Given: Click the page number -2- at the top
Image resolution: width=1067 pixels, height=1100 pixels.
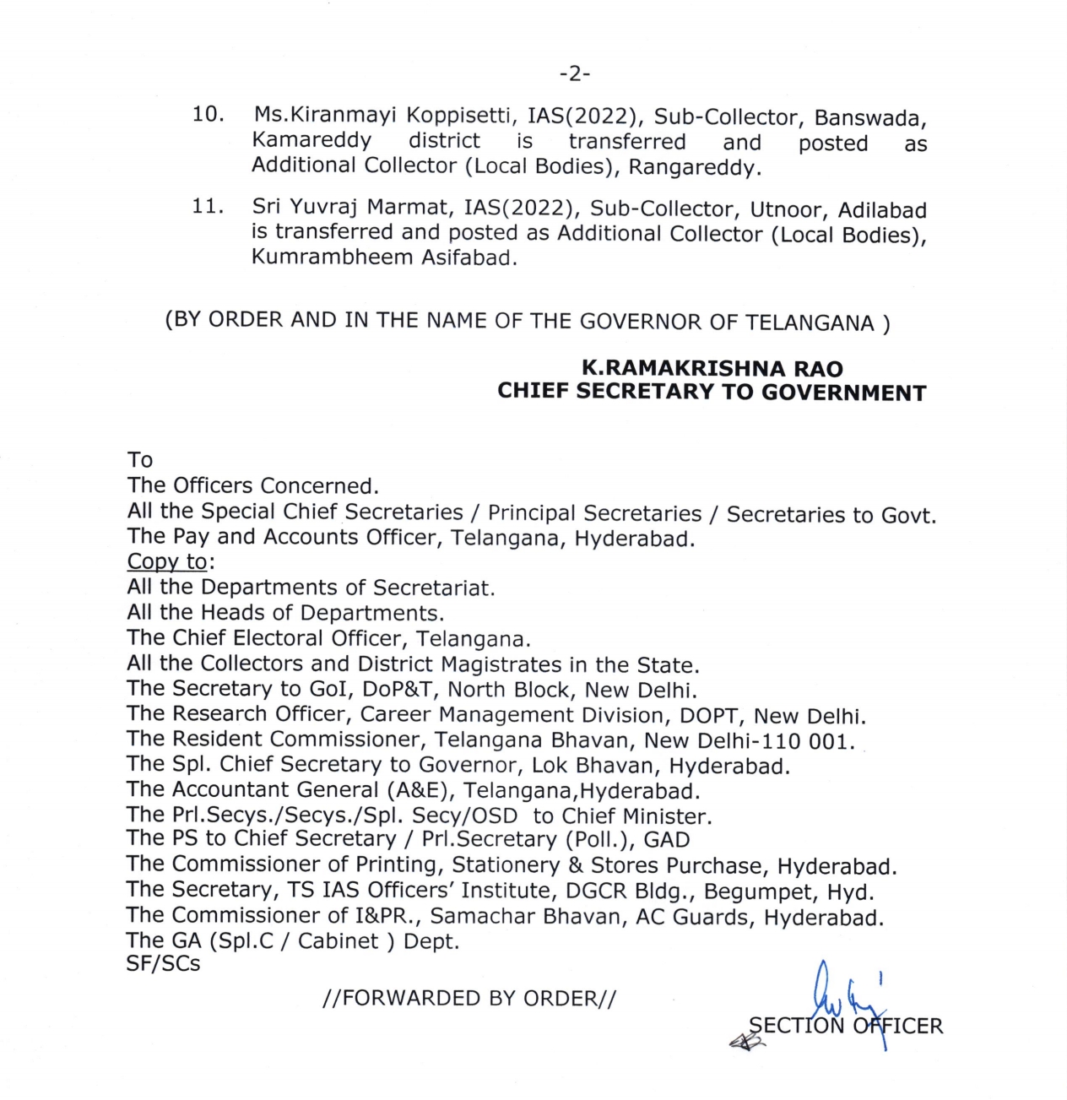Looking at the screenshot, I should click(574, 74).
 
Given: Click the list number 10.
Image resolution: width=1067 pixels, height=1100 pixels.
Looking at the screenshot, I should click(208, 114).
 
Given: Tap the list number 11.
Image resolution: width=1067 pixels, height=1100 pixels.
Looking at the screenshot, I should click(208, 206).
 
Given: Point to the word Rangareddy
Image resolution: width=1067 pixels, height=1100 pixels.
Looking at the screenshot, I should click(694, 167).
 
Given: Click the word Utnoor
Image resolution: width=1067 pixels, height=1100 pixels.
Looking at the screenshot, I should click(788, 209).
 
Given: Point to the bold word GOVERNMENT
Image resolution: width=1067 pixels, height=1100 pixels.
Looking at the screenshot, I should click(843, 393).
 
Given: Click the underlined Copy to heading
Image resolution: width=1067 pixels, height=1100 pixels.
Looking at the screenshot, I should click(167, 561).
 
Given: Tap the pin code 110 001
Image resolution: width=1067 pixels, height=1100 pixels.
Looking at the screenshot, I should click(812, 740).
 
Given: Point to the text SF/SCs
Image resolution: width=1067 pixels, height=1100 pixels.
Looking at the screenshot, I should click(163, 964).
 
